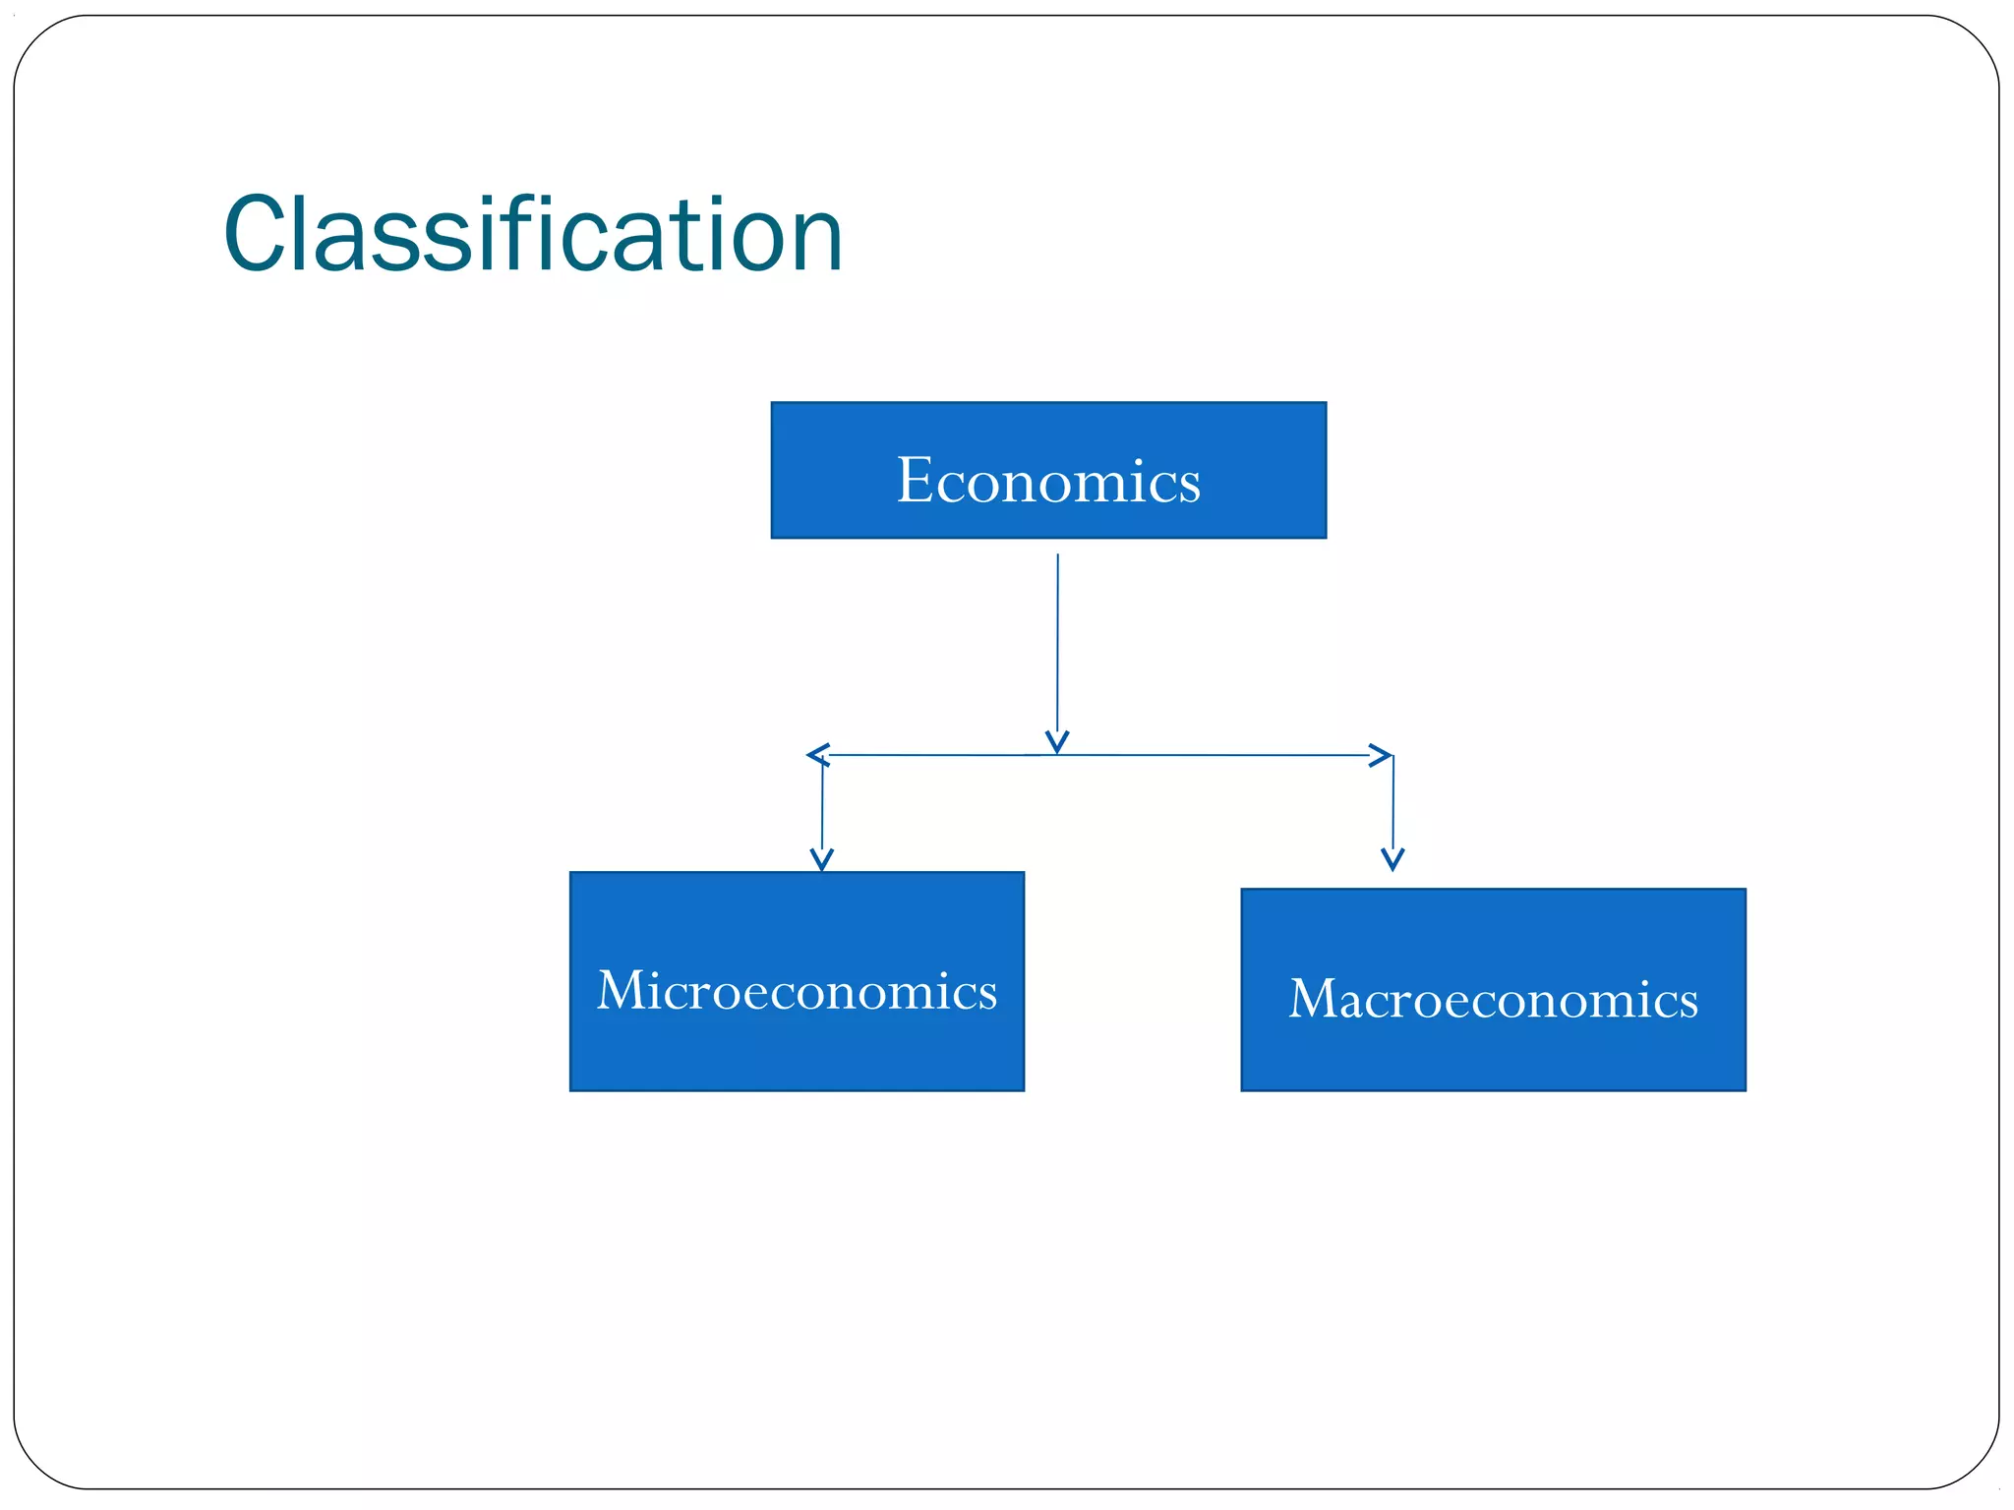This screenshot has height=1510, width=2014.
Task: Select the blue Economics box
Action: click(x=1048, y=470)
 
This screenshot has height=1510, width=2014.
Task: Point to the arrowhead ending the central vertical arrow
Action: click(x=1057, y=742)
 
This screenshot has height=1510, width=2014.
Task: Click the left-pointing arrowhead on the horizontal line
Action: click(x=816, y=755)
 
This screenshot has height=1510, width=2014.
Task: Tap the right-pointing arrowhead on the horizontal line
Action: click(x=1382, y=755)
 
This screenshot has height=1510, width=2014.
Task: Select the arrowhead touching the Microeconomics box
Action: click(x=822, y=860)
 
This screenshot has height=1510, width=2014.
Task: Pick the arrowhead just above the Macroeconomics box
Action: click(x=1392, y=859)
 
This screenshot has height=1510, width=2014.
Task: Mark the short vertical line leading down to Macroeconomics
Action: click(x=1392, y=801)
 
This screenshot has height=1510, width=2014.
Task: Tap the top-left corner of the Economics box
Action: click(x=773, y=403)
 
